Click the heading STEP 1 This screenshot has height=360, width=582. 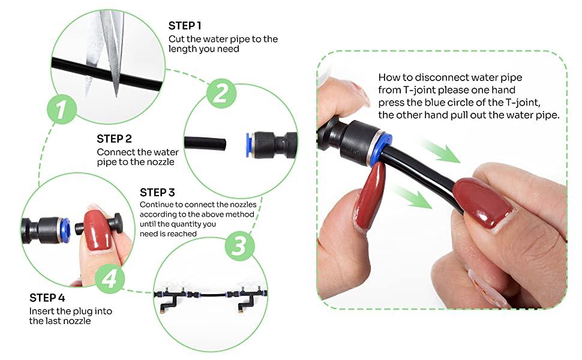(184, 26)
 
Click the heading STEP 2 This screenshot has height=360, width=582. (114, 139)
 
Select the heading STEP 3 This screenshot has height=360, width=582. (157, 193)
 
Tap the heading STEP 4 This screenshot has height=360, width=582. (47, 298)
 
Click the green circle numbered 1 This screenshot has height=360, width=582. (62, 109)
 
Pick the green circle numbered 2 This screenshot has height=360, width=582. (221, 93)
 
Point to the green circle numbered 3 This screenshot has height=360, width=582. (239, 245)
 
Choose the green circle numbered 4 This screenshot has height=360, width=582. (109, 278)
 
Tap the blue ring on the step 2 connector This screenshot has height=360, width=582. (248, 145)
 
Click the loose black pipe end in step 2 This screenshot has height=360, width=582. (205, 143)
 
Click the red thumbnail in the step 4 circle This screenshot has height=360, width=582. (97, 230)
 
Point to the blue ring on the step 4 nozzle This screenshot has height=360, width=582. (66, 230)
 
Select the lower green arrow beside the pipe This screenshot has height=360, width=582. (412, 197)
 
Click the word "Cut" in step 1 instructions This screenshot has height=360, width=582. (176, 39)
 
